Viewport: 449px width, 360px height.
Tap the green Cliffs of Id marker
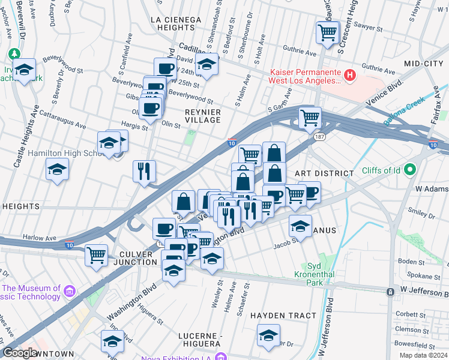(x=411, y=170)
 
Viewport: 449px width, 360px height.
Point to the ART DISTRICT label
(x=325, y=173)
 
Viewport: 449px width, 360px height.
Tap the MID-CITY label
(x=423, y=64)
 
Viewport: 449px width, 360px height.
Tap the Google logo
(x=19, y=353)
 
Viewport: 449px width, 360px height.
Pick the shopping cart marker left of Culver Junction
(x=96, y=255)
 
